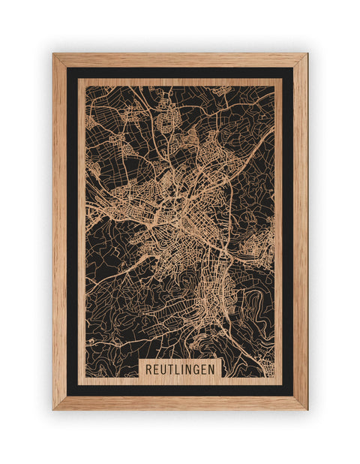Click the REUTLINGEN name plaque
click(180, 369)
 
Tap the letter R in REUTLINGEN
click(148, 369)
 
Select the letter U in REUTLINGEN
click(163, 369)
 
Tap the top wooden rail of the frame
click(180, 60)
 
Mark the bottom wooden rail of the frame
click(180, 403)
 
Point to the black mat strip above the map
click(180, 73)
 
